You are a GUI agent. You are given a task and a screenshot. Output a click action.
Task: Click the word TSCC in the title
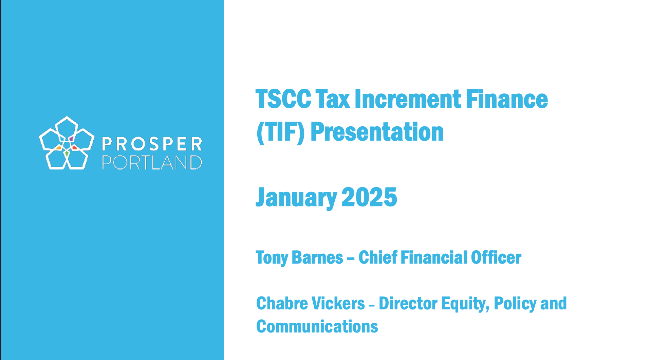point(283,99)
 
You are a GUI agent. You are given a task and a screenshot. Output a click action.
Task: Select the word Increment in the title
point(408,99)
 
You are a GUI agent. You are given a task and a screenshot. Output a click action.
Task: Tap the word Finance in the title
point(507,99)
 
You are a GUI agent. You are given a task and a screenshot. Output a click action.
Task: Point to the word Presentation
point(377,132)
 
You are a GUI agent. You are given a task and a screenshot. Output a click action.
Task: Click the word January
point(296,197)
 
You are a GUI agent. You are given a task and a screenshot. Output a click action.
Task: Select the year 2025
point(369,197)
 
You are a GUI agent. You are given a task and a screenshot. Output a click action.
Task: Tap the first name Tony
point(272,258)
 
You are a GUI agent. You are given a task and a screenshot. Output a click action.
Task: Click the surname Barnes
point(317,257)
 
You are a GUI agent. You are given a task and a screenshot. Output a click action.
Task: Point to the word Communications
point(317,327)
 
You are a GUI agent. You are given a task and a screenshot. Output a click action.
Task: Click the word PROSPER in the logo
point(152,144)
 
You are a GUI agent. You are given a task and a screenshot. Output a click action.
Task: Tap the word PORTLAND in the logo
point(152,162)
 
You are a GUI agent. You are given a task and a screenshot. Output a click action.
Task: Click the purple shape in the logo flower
point(71,139)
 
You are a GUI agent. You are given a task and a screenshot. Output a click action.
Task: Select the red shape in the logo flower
point(75,147)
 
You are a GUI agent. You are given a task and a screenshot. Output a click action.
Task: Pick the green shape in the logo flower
point(67,154)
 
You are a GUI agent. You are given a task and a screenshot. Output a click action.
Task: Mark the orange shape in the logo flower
point(59,148)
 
